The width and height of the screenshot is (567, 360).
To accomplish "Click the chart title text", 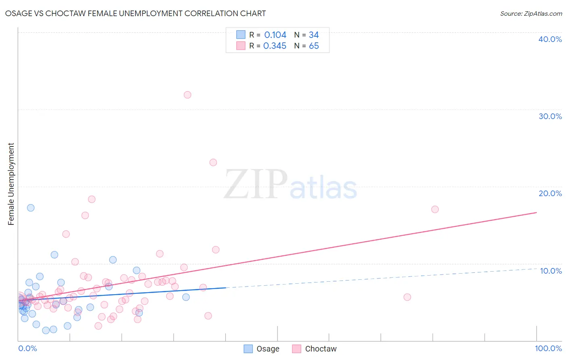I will coord(135,13).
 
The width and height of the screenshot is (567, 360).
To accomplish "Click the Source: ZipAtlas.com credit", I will coord(531,14).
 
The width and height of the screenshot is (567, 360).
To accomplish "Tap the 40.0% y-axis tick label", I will coord(550,39).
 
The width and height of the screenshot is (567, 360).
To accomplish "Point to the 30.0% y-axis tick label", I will coord(550,116).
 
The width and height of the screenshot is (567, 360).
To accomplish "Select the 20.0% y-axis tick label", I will coord(550,193).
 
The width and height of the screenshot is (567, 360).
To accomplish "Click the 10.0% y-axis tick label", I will coord(551,271).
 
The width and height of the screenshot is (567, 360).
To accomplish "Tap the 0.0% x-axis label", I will coord(27,348).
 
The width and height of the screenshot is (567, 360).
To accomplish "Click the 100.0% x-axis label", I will coord(548,348).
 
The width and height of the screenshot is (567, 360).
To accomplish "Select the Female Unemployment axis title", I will coord(11,184).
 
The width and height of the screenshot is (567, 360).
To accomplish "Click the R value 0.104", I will coord(275,35).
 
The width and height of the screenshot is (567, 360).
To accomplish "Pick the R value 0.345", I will coord(275,46).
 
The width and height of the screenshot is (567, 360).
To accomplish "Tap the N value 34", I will coord(314,35).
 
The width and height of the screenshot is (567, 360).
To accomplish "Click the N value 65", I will coord(314,46).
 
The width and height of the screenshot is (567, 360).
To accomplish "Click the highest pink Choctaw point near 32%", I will coord(188,95).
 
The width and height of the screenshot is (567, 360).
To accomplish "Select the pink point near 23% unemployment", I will coord(213,162).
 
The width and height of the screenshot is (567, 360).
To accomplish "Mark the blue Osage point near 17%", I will coord(31,208).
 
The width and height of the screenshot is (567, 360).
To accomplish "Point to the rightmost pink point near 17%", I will coord(435,209).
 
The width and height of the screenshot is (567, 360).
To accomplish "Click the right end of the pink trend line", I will coord(536,212).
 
